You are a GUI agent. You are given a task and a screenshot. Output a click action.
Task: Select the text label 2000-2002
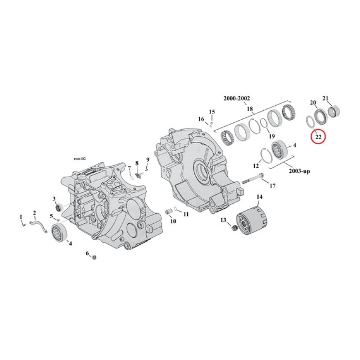237,99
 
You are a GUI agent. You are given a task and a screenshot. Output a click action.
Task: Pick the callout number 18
250,108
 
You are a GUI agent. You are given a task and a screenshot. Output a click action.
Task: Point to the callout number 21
326,98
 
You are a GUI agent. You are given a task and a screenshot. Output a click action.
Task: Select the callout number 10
172,221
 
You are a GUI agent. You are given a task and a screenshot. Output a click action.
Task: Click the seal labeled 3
58,207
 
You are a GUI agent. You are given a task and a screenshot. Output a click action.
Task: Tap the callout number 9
147,159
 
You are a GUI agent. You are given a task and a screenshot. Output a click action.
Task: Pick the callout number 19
271,136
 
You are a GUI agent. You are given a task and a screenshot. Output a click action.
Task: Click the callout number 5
52,216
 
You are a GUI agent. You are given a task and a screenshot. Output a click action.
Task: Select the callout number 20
313,103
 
